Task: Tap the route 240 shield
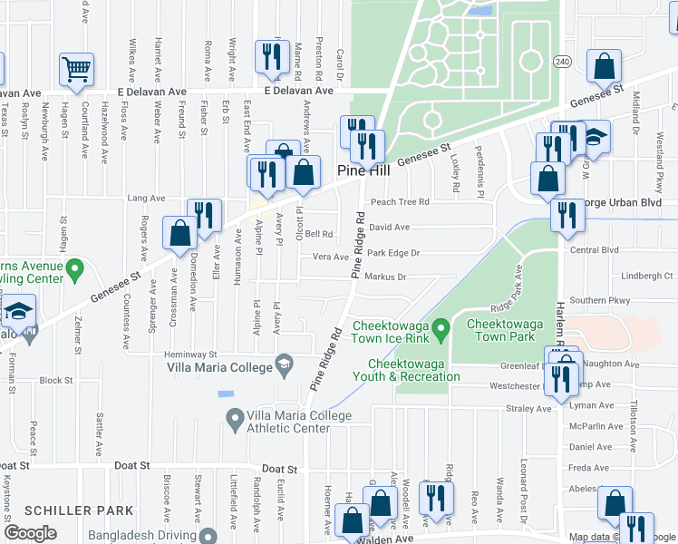tap(562, 61)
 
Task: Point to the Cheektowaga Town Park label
tap(499, 330)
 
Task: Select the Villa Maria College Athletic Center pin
tap(235, 418)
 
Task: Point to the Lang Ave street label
tap(147, 198)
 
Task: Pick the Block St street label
tap(56, 380)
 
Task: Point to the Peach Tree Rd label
tap(399, 202)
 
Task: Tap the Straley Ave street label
tap(528, 409)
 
